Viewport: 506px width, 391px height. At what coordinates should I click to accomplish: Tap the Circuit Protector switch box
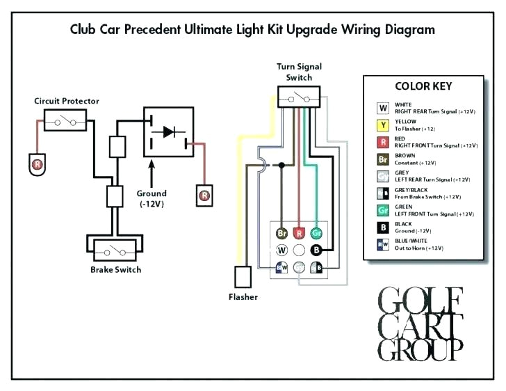[x=64, y=122]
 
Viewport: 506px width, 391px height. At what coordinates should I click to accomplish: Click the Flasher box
[x=243, y=277]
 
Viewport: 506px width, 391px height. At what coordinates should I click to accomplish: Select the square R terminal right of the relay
[x=204, y=195]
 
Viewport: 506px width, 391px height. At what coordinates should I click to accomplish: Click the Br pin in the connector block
[x=281, y=233]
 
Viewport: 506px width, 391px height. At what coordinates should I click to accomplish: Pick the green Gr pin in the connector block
[x=316, y=233]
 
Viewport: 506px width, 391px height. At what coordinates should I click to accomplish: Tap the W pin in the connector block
[x=281, y=250]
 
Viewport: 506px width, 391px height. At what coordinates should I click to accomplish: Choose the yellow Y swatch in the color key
[x=383, y=125]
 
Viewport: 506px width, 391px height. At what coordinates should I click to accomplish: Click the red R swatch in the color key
[x=383, y=143]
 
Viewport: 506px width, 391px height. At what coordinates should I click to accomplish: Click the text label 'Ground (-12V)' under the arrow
[x=152, y=198]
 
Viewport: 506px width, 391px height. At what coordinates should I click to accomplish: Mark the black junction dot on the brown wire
[x=281, y=166]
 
